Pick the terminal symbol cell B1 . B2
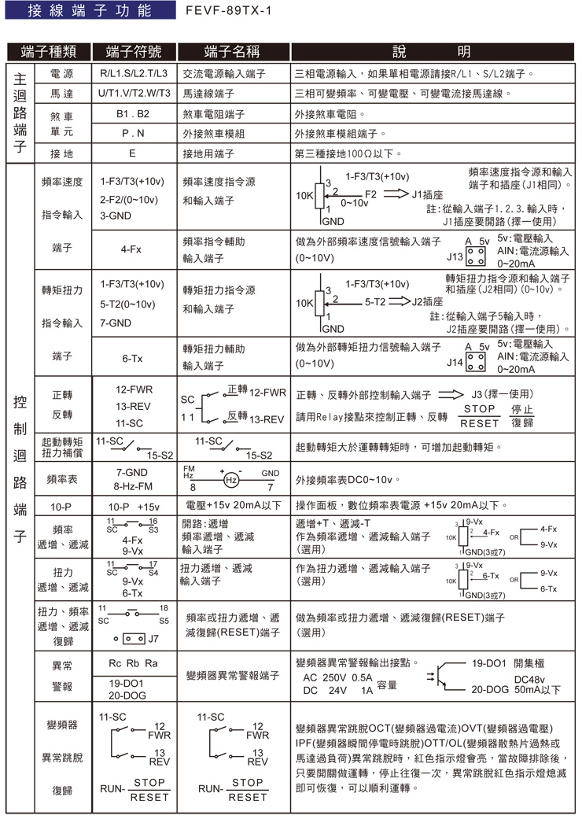132,113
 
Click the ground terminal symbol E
132,153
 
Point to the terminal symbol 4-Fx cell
131,249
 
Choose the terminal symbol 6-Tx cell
131,358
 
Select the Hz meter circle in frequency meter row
231,479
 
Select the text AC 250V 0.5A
337,677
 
